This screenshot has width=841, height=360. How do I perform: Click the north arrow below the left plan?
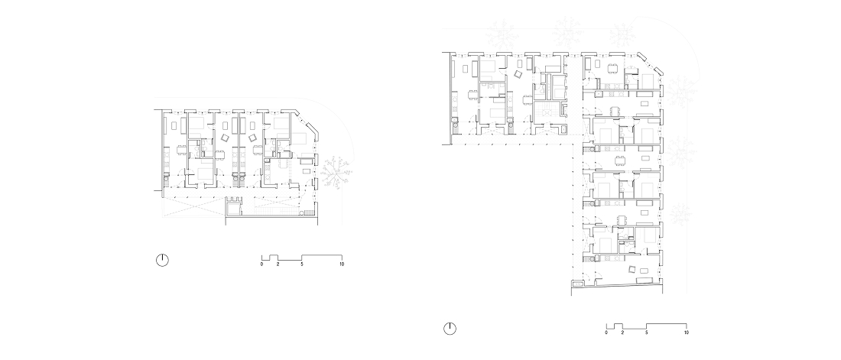163,260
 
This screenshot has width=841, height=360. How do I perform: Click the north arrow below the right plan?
450,329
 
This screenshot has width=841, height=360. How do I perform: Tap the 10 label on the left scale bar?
342,264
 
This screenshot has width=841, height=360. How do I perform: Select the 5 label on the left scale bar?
302,264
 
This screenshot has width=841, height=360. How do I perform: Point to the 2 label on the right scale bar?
622,332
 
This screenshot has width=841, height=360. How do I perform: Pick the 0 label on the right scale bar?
606,332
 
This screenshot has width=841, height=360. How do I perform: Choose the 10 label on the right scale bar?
687,332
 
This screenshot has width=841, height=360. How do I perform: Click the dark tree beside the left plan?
336,173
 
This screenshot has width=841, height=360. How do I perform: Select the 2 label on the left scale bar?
278,264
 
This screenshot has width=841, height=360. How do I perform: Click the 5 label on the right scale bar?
646,332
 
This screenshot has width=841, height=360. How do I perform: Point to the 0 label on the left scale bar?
261,264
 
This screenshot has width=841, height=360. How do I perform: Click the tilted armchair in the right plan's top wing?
519,75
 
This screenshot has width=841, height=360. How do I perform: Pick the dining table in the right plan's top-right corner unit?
612,68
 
